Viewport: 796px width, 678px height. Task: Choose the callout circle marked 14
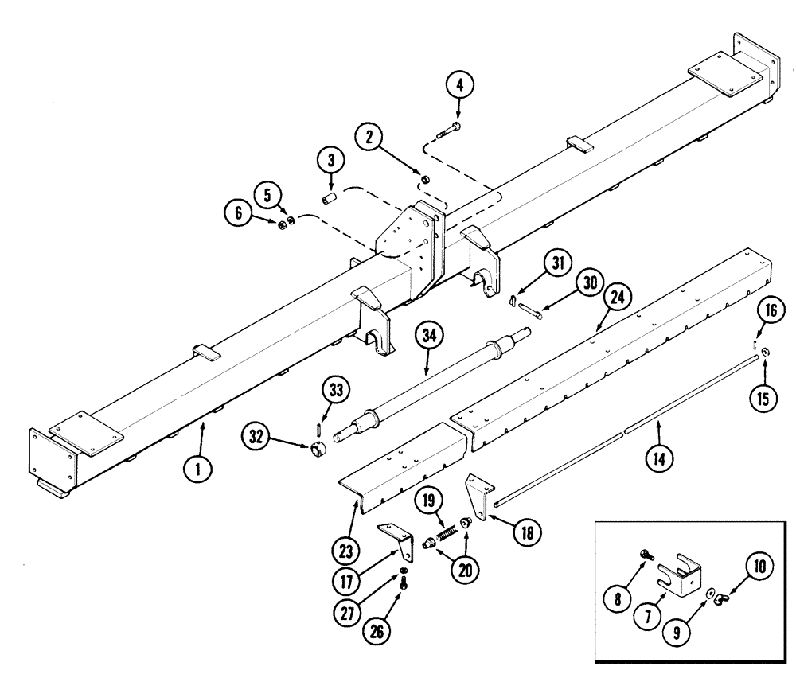pos(659,458)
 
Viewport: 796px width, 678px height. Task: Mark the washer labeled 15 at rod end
pos(765,352)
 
